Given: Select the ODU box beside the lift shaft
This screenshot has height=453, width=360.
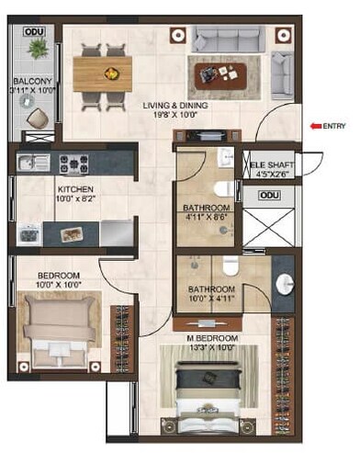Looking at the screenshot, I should coord(269,195).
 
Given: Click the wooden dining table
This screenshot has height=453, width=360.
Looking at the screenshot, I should coord(101,73).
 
